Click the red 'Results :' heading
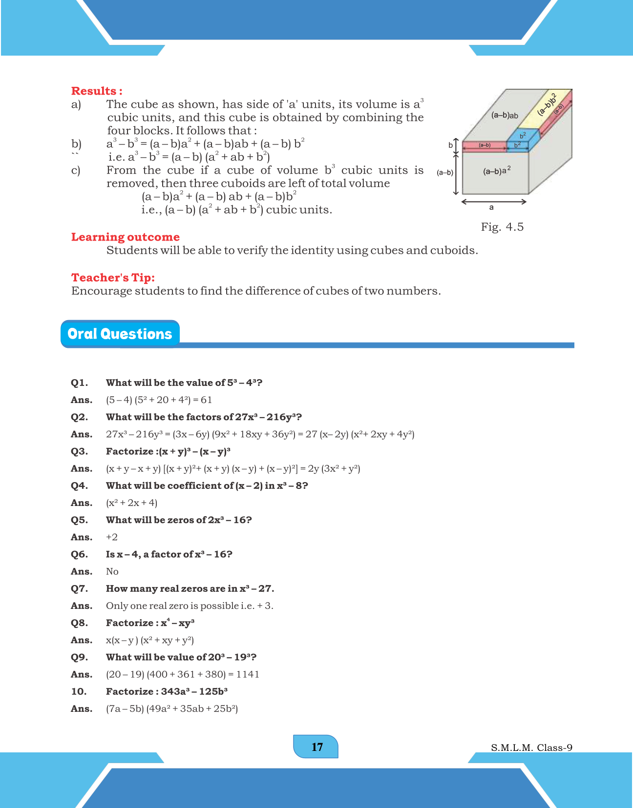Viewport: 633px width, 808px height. (x=97, y=91)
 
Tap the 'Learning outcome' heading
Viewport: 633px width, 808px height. (x=126, y=237)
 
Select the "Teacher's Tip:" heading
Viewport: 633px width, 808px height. (x=113, y=278)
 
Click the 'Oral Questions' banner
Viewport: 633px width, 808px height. (x=120, y=334)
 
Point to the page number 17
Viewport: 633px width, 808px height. (x=316, y=747)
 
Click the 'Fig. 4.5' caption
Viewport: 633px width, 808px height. (x=502, y=227)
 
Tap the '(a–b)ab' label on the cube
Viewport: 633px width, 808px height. (x=505, y=116)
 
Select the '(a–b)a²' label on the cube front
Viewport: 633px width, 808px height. (x=496, y=171)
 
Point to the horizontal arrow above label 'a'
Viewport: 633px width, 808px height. (x=494, y=202)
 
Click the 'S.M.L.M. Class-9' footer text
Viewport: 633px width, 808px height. (x=531, y=747)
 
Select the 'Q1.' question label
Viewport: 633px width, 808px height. (x=79, y=383)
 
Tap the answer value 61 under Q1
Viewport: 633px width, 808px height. (x=207, y=400)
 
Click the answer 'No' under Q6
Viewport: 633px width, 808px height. (x=112, y=571)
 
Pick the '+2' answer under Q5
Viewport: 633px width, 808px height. (x=112, y=537)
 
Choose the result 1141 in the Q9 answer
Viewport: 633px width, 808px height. (x=248, y=674)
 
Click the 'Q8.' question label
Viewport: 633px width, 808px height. (x=79, y=623)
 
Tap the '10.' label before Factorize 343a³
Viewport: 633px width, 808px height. (x=79, y=691)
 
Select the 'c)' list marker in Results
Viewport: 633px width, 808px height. (x=76, y=171)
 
